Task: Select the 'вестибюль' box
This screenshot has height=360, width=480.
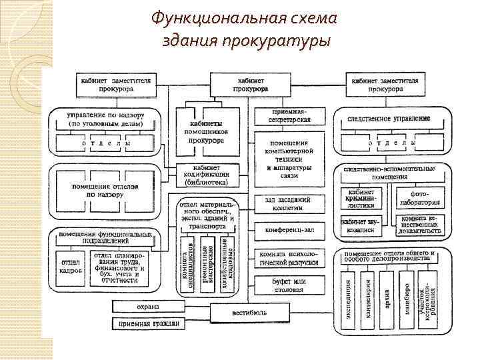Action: pyautogui.click(x=250, y=313)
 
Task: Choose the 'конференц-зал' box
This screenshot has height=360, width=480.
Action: pyautogui.click(x=289, y=230)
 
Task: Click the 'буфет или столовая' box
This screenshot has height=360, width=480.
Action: pyautogui.click(x=289, y=286)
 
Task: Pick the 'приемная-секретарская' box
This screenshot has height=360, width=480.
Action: pyautogui.click(x=289, y=115)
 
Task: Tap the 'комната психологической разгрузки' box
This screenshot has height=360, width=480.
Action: pyautogui.click(x=289, y=258)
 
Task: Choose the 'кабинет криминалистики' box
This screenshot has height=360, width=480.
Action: pyautogui.click(x=361, y=198)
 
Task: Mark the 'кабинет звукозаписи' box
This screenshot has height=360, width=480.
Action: pyautogui.click(x=361, y=225)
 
